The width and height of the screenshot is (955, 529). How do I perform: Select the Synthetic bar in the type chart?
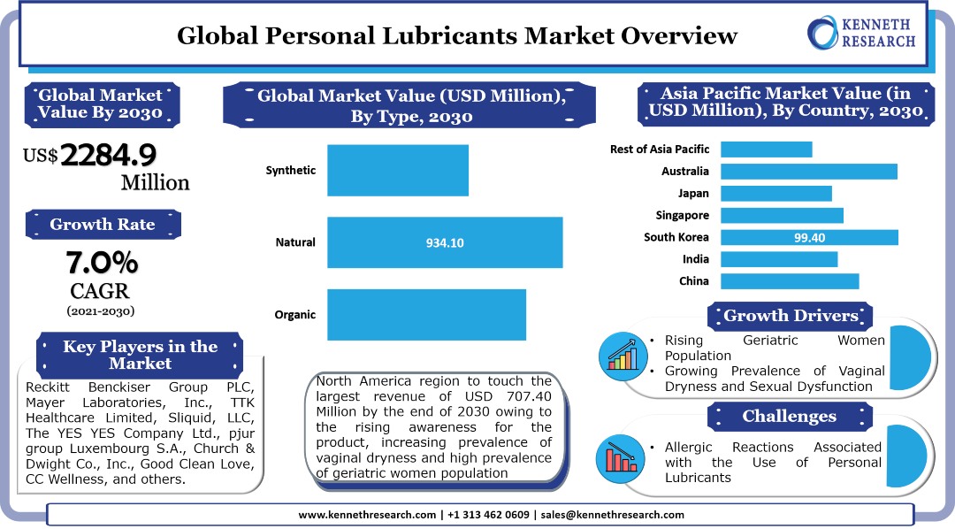click(x=398, y=171)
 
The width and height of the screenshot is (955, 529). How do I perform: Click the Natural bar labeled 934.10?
click(x=445, y=242)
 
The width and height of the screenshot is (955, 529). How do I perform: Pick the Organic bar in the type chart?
click(x=426, y=314)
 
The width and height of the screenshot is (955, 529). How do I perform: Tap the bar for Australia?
click(x=809, y=172)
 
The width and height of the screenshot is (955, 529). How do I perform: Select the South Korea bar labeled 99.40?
click(x=809, y=237)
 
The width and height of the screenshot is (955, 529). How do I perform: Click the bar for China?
click(x=790, y=281)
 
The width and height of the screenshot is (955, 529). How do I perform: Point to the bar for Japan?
click(x=776, y=193)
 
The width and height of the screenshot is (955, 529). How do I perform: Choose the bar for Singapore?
click(x=782, y=215)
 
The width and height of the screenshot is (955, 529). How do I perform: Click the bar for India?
click(x=779, y=259)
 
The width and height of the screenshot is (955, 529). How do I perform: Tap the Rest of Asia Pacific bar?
click(x=766, y=149)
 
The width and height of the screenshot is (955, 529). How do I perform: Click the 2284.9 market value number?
click(x=109, y=156)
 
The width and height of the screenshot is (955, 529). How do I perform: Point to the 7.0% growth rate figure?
click(x=102, y=263)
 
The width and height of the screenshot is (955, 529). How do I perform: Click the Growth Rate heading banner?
click(x=103, y=225)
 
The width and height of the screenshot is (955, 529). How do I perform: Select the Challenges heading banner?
click(x=789, y=416)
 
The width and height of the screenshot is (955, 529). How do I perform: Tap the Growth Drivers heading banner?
click(x=791, y=316)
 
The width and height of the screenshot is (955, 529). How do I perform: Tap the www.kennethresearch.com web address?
click(x=366, y=515)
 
